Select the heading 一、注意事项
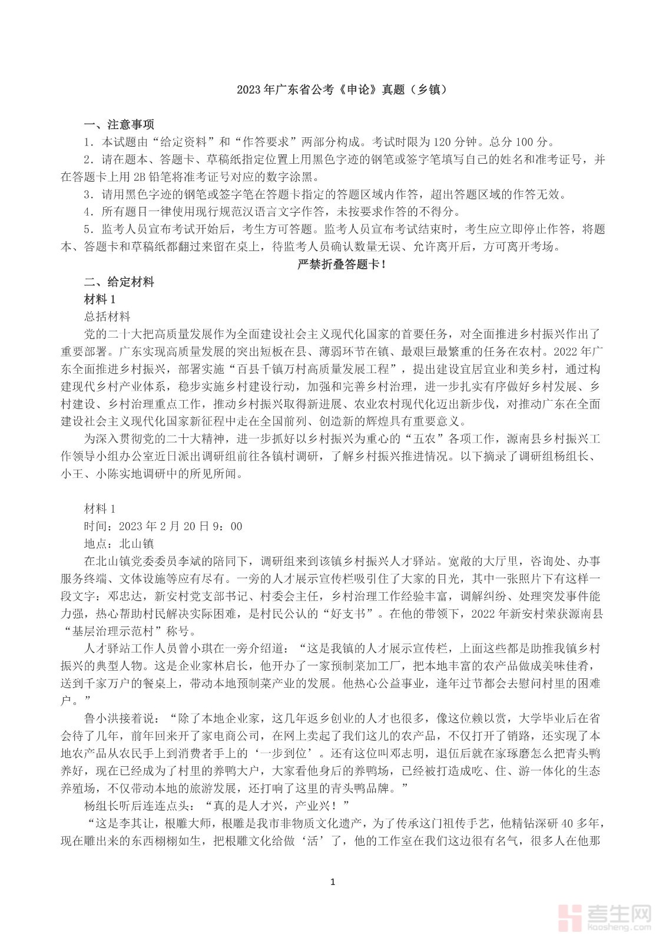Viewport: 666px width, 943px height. point(119,125)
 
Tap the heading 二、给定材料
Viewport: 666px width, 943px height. point(119,282)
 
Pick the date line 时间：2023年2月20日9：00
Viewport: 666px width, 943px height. point(164,526)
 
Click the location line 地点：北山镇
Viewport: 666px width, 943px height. point(120,543)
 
